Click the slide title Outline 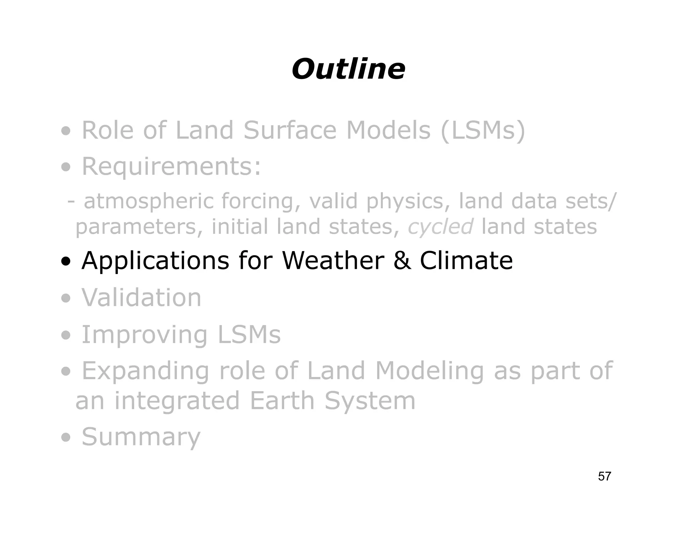(348, 69)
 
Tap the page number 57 (604, 476)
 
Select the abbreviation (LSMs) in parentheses (483, 130)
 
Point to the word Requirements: (172, 167)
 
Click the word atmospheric (148, 201)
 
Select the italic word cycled (440, 227)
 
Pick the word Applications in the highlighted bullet (155, 261)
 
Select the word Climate (466, 261)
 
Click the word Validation (141, 297)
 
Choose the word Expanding (145, 371)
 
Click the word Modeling (429, 371)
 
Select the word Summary (141, 437)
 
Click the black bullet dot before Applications (66, 262)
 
